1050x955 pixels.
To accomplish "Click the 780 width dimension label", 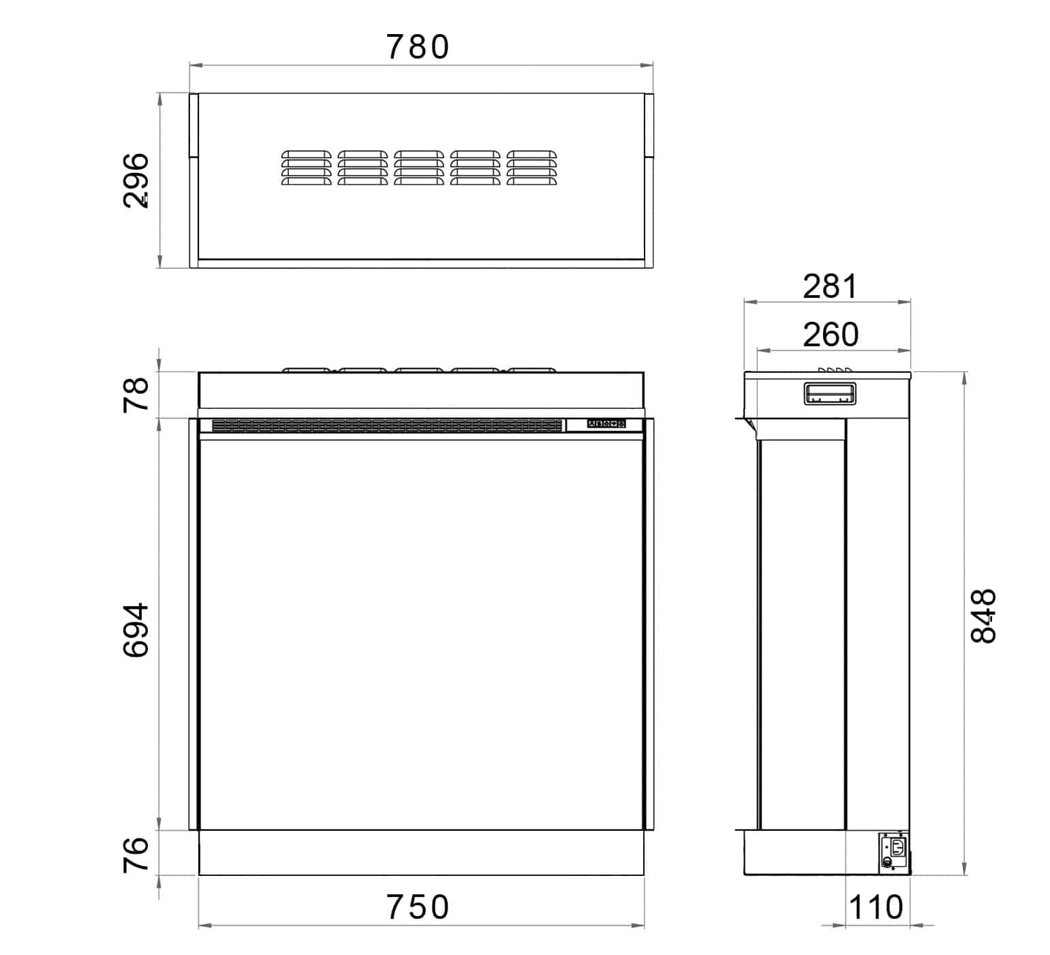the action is [x=418, y=47].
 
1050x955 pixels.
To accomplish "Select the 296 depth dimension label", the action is [x=136, y=180].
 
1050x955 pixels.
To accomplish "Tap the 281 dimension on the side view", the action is [x=829, y=286].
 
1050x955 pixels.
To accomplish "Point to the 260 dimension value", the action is [x=830, y=335].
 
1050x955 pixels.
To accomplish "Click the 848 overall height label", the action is [x=983, y=616].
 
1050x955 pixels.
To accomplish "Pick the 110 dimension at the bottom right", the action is [x=876, y=907].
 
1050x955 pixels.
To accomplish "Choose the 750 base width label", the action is [x=418, y=907].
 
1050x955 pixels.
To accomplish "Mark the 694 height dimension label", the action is [x=136, y=629].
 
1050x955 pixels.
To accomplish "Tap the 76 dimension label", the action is [x=136, y=853].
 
